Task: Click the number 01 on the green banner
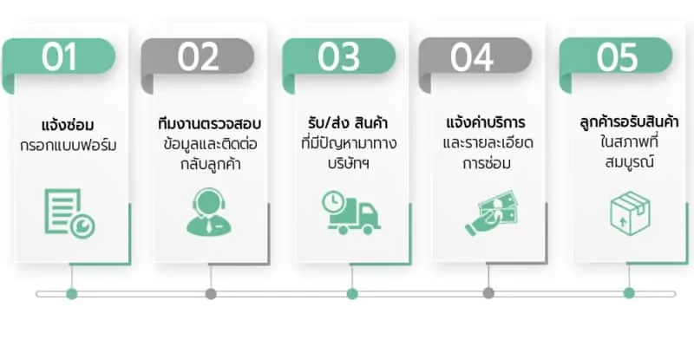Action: pyautogui.click(x=59, y=56)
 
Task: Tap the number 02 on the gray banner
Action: pyautogui.click(x=198, y=56)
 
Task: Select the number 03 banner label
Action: pyautogui.click(x=338, y=56)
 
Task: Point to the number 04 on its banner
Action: pyautogui.click(x=472, y=57)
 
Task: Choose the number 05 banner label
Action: pyautogui.click(x=617, y=57)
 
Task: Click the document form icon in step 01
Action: pyautogui.click(x=69, y=213)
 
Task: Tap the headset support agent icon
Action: pyautogui.click(x=209, y=213)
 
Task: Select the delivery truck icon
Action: pyautogui.click(x=351, y=213)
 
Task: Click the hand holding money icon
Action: pyautogui.click(x=491, y=213)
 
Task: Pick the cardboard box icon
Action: pyautogui.click(x=630, y=213)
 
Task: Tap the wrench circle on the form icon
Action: pyautogui.click(x=83, y=226)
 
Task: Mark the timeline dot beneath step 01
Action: pyautogui.click(x=72, y=293)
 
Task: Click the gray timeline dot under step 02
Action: pyautogui.click(x=211, y=293)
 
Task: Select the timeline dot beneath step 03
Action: pyautogui.click(x=352, y=293)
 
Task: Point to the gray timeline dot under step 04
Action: pyautogui.click(x=488, y=292)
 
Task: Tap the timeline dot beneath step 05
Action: pyautogui.click(x=629, y=292)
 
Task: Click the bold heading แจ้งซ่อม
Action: pyautogui.click(x=68, y=125)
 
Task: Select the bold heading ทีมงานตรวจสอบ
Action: pyautogui.click(x=209, y=124)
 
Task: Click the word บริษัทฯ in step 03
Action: pyautogui.click(x=349, y=163)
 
